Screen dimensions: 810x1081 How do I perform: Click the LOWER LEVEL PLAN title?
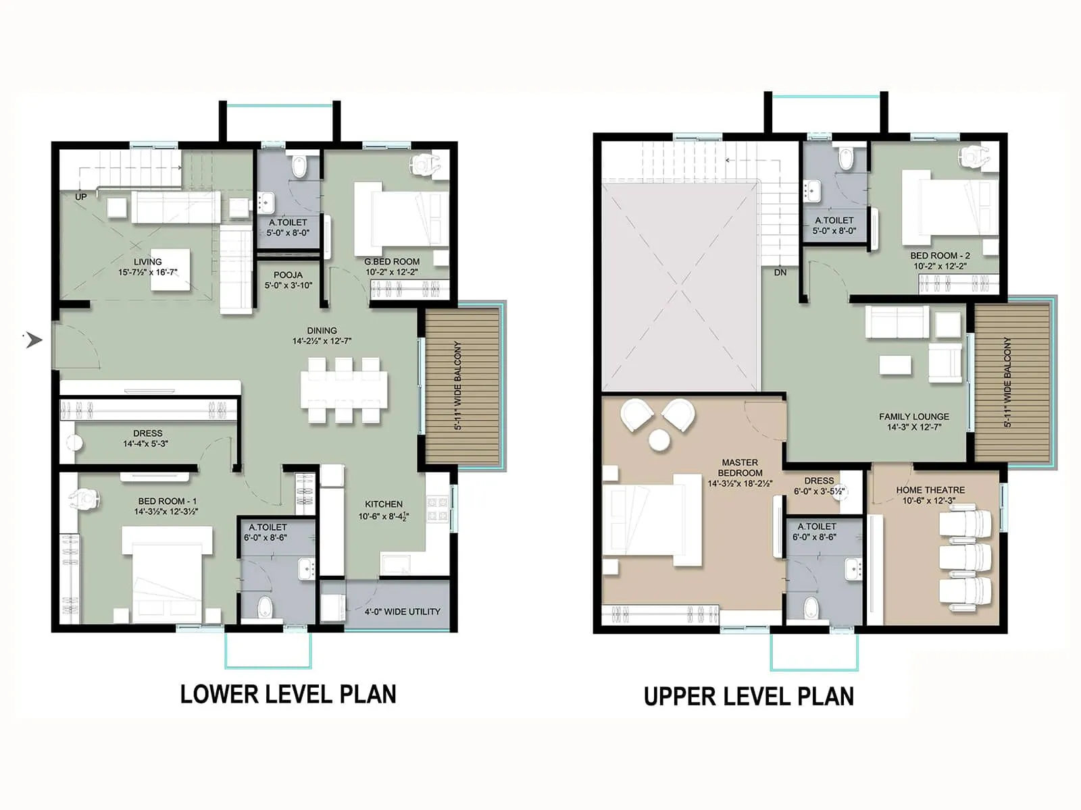288,694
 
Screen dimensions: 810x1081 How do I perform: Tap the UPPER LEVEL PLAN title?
749,696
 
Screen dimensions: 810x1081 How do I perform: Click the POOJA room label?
288,275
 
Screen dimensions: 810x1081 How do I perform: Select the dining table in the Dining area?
344,391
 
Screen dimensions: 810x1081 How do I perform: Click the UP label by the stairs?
81,197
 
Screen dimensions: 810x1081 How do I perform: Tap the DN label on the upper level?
780,273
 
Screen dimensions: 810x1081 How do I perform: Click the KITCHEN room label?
384,504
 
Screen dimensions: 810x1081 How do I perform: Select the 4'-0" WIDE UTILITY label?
402,612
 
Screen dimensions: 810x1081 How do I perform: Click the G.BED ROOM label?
392,261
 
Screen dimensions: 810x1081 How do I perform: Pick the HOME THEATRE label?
930,490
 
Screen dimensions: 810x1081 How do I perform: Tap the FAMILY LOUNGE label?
914,416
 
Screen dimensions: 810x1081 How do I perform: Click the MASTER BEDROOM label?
740,468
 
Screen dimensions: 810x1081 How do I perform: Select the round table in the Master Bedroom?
659,440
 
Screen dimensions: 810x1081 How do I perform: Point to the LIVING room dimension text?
147,272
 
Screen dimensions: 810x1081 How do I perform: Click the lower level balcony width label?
458,386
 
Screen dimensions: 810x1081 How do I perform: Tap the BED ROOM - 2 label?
940,255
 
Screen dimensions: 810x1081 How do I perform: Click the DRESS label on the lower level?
147,433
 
